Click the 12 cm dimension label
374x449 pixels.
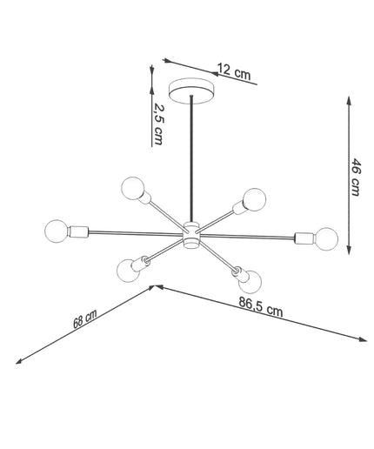click(234, 72)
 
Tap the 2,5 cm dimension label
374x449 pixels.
click(158, 124)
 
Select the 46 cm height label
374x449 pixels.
click(356, 178)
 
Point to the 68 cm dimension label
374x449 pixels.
click(84, 319)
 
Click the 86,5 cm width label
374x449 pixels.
click(260, 306)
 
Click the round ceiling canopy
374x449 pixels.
click(191, 90)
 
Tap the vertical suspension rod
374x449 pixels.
click(191, 159)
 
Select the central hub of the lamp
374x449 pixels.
click(191, 235)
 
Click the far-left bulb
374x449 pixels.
click(57, 231)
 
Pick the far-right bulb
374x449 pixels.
click(326, 239)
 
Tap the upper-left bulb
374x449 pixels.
click(132, 188)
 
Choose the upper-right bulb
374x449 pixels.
click(254, 200)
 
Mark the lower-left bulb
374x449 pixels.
click(128, 271)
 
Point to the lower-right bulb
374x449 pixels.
click(250, 282)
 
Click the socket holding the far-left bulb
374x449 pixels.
click(78, 231)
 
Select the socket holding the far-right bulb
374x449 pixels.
click(304, 238)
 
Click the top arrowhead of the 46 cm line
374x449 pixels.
click(349, 101)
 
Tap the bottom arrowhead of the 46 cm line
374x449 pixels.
click(350, 250)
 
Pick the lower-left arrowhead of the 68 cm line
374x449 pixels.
click(19, 361)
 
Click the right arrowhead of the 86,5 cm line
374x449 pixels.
click(363, 339)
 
